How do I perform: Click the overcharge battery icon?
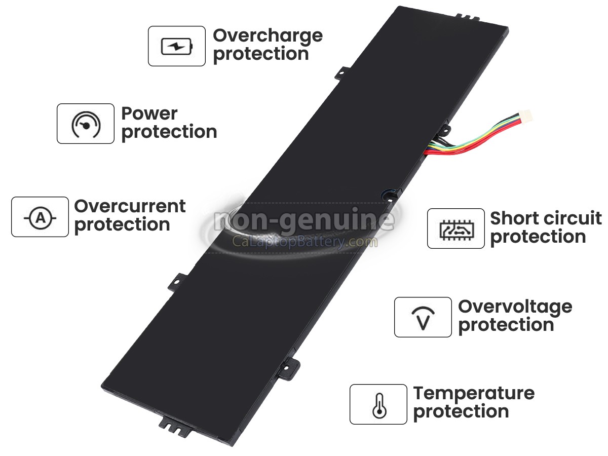point(177,46)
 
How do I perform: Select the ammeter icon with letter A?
point(41,218)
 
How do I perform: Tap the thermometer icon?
point(379,405)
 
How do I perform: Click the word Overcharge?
point(268,36)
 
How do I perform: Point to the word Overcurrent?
point(130,206)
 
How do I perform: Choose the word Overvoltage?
point(515,308)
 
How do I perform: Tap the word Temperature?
point(474,394)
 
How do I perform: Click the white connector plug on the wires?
point(525,115)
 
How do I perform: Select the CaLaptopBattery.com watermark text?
point(305,242)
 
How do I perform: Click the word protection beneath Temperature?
point(461,412)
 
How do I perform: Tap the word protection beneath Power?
point(169,132)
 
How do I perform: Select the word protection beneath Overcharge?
point(261,54)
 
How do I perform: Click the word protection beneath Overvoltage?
point(506,325)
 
